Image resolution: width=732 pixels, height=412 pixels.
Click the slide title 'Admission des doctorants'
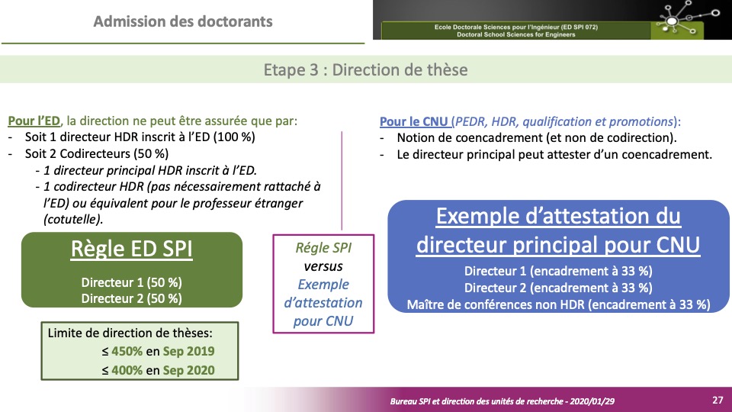point(183,21)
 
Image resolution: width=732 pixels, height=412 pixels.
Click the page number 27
point(718,400)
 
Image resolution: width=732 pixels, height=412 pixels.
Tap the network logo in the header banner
point(687,18)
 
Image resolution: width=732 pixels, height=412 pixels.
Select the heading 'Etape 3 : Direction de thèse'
point(365,69)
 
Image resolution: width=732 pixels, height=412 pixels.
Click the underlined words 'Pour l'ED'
point(34,121)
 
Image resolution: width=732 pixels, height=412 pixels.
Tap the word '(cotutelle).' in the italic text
point(73,219)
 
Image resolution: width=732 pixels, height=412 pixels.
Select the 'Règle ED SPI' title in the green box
point(132,249)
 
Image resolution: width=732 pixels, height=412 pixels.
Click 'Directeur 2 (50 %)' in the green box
point(132,298)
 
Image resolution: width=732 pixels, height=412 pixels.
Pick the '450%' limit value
point(127,351)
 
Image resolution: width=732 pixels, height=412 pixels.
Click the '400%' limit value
point(127,371)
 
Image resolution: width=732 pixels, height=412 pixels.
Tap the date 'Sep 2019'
point(188,352)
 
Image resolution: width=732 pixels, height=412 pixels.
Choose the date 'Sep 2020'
point(188,371)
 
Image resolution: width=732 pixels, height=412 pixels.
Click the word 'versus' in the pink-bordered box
point(323,266)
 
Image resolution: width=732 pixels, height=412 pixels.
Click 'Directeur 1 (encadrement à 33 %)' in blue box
point(558,271)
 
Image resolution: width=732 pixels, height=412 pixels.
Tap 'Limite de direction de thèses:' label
point(130,333)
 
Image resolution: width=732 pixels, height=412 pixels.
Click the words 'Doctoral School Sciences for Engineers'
point(516,34)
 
